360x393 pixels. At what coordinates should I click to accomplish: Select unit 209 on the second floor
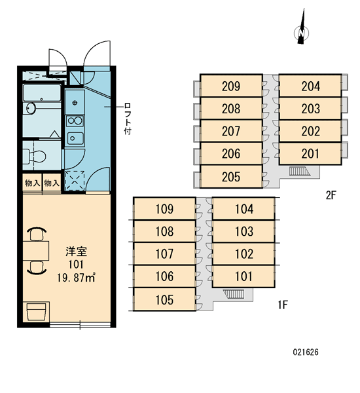tap(231, 86)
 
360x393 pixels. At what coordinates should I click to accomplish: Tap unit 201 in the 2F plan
tap(310, 153)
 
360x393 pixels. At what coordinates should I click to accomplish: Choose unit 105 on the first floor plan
tap(164, 299)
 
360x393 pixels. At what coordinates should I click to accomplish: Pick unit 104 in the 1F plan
tap(243, 208)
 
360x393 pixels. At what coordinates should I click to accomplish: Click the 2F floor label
tap(331, 195)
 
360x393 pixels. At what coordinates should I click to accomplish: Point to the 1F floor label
tap(283, 305)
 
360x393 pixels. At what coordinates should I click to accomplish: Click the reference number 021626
tap(306, 352)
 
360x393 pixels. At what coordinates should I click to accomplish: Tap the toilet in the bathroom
tap(34, 156)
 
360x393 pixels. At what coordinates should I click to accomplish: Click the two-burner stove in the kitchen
tap(75, 121)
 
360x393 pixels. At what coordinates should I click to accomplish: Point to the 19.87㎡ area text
tap(76, 278)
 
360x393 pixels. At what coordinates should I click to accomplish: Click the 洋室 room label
tap(76, 252)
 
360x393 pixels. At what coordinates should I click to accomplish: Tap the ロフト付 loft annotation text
tap(128, 119)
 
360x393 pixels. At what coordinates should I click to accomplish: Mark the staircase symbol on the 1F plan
tap(234, 293)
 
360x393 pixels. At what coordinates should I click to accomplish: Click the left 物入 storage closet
tap(32, 183)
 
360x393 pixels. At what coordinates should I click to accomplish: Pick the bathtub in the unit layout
tap(42, 93)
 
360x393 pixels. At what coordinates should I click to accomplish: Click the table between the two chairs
tap(36, 251)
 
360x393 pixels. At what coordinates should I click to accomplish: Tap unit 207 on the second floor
tap(231, 131)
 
